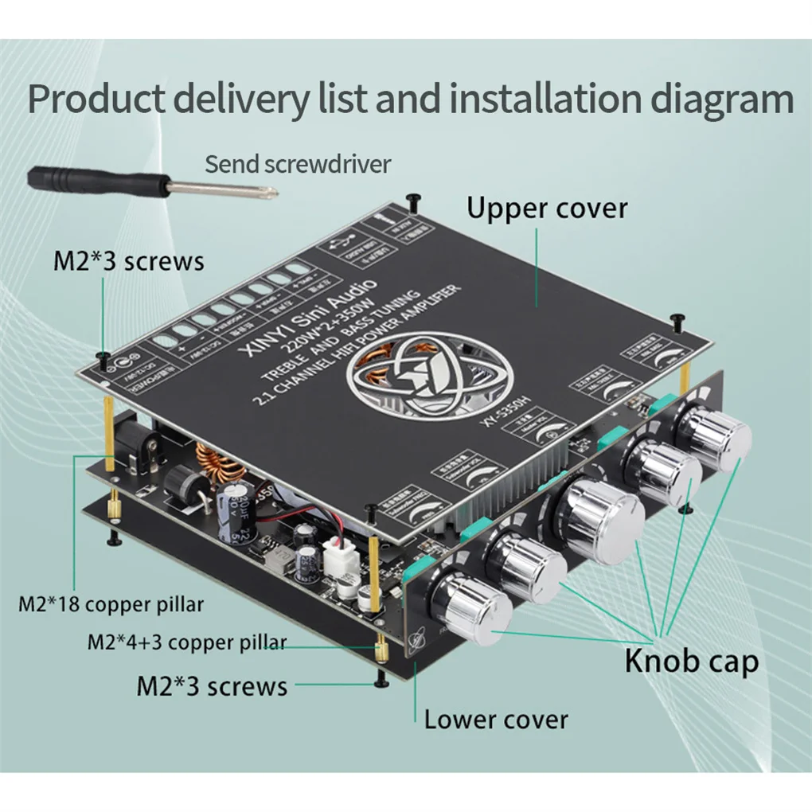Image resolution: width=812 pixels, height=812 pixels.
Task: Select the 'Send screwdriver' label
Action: click(298, 164)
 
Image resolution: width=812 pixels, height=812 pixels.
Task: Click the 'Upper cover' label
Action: click(547, 209)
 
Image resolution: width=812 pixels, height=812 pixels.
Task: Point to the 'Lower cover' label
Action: click(495, 720)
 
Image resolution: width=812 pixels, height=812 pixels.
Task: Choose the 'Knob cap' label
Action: click(691, 661)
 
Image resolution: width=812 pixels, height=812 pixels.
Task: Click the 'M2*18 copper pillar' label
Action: click(111, 604)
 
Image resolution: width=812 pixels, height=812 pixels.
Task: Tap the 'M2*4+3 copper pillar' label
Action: click(186, 642)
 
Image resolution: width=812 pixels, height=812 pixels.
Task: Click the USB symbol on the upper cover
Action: click(343, 248)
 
